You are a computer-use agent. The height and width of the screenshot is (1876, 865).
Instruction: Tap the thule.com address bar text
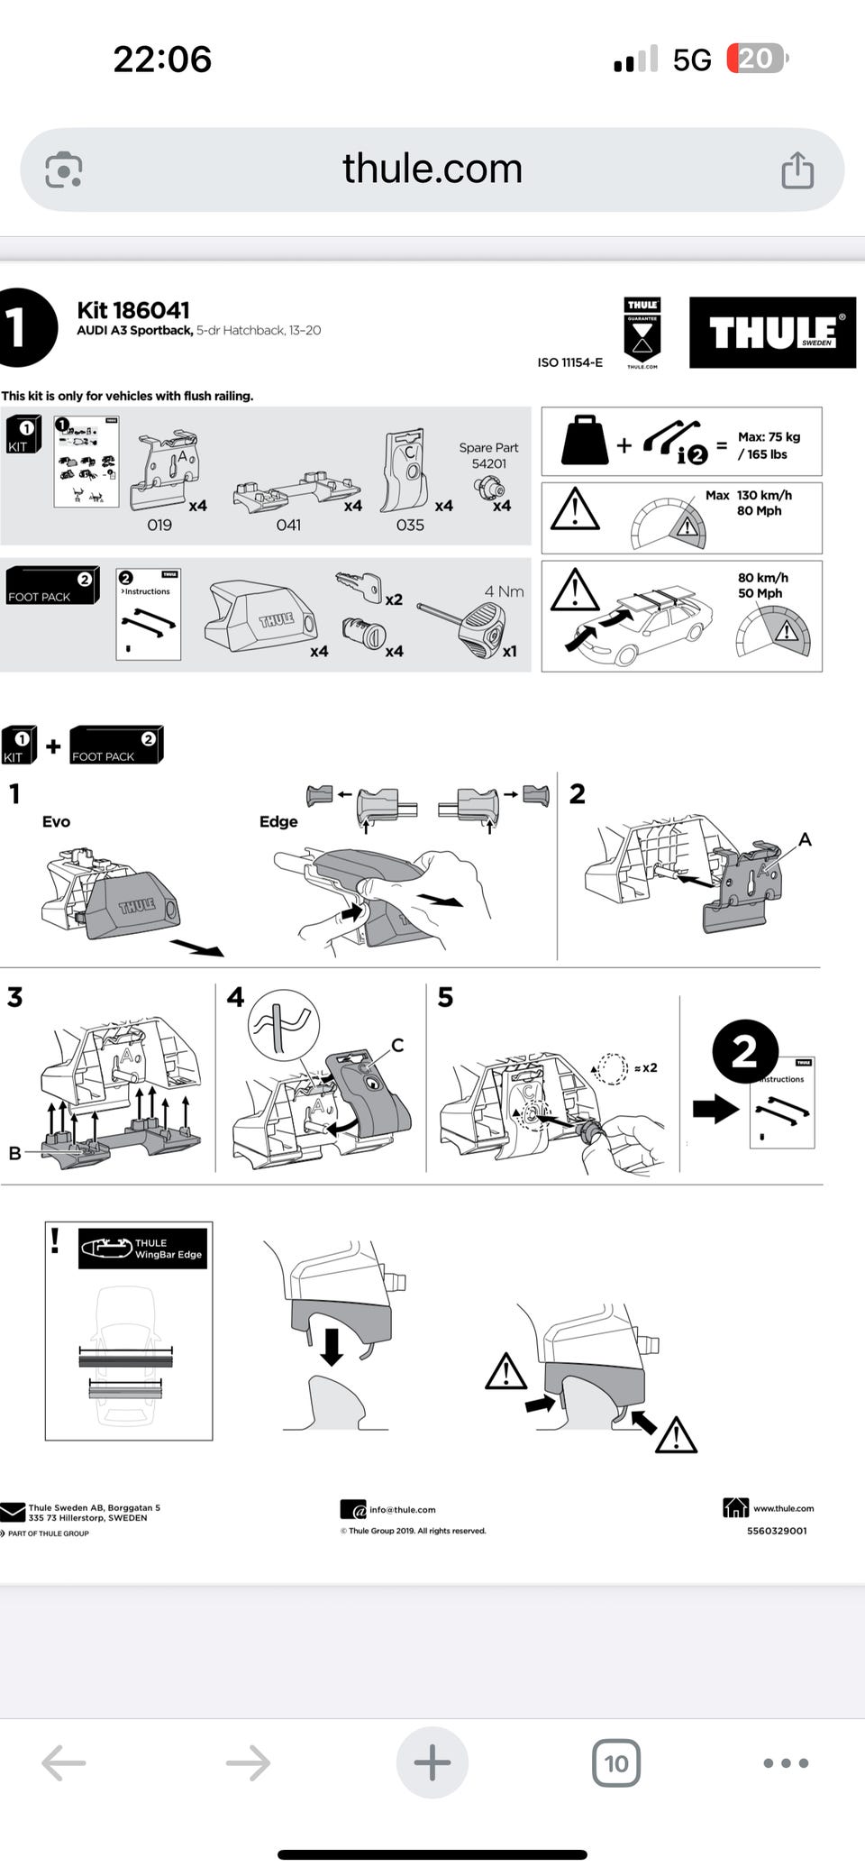pyautogui.click(x=432, y=169)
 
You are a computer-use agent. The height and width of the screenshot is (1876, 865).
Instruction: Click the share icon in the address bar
pyautogui.click(x=797, y=169)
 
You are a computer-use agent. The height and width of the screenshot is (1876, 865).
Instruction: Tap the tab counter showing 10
pyautogui.click(x=616, y=1762)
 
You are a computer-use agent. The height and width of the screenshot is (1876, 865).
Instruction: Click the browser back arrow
pyautogui.click(x=64, y=1762)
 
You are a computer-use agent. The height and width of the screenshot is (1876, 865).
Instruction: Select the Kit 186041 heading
pyautogui.click(x=133, y=310)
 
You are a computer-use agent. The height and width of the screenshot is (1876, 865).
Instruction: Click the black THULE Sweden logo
pyautogui.click(x=772, y=332)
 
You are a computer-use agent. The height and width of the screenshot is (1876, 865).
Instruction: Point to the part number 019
pyautogui.click(x=159, y=525)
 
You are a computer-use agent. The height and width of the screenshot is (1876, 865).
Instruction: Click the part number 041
pyautogui.click(x=288, y=525)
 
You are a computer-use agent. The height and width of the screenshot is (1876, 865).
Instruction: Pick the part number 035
pyautogui.click(x=410, y=525)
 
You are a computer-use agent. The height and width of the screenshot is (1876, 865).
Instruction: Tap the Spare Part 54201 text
pyautogui.click(x=488, y=455)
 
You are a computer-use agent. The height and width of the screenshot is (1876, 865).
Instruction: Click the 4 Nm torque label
pyautogui.click(x=504, y=591)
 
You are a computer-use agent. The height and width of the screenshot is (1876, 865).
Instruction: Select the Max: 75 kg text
pyautogui.click(x=769, y=437)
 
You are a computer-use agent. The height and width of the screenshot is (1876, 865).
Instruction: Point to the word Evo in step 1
pyautogui.click(x=56, y=821)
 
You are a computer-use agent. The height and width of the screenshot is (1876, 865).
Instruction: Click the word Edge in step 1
pyautogui.click(x=278, y=821)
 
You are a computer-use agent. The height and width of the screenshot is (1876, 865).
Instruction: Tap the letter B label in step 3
pyautogui.click(x=14, y=1153)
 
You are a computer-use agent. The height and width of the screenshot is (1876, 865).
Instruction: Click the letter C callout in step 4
pyautogui.click(x=397, y=1045)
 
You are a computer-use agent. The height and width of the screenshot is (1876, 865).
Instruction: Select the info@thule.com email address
pyautogui.click(x=402, y=1509)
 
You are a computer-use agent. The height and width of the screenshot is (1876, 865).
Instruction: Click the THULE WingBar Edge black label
pyautogui.click(x=142, y=1249)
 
